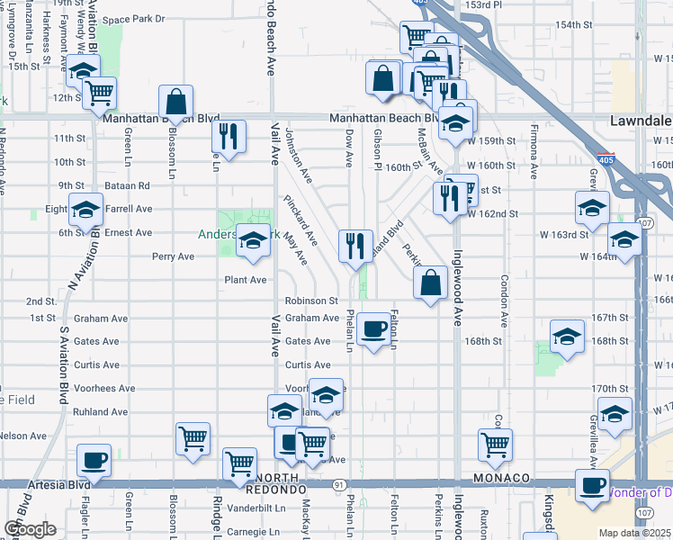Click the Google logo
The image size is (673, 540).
30,529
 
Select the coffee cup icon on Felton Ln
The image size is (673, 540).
373,328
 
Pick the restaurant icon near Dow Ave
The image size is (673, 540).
356,246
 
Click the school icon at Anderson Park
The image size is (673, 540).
253,243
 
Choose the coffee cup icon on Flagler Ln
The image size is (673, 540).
94,460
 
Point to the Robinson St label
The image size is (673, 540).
311,301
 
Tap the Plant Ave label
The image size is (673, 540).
246,280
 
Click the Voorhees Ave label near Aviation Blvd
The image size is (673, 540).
104,389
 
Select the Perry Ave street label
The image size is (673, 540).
174,256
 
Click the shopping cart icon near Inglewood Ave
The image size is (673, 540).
495,444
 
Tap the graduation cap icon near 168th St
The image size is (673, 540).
566,338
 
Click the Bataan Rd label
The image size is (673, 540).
131,185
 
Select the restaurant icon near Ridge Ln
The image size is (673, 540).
228,136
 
